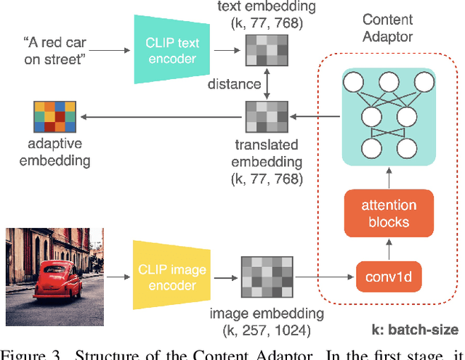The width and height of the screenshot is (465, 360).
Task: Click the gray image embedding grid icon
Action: coord(266,277)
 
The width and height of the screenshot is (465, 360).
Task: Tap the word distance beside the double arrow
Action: coord(234,84)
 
